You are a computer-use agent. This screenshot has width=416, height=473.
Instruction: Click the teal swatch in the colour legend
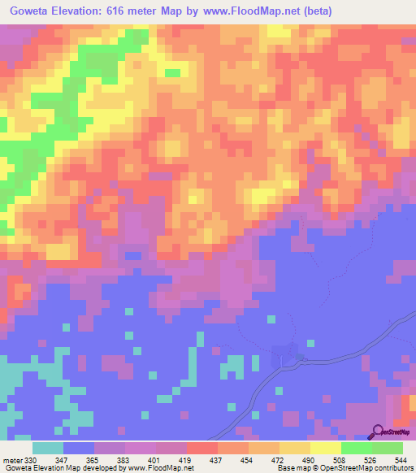tap(48, 449)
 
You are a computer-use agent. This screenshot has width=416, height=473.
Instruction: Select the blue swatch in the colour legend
tap(79, 449)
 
